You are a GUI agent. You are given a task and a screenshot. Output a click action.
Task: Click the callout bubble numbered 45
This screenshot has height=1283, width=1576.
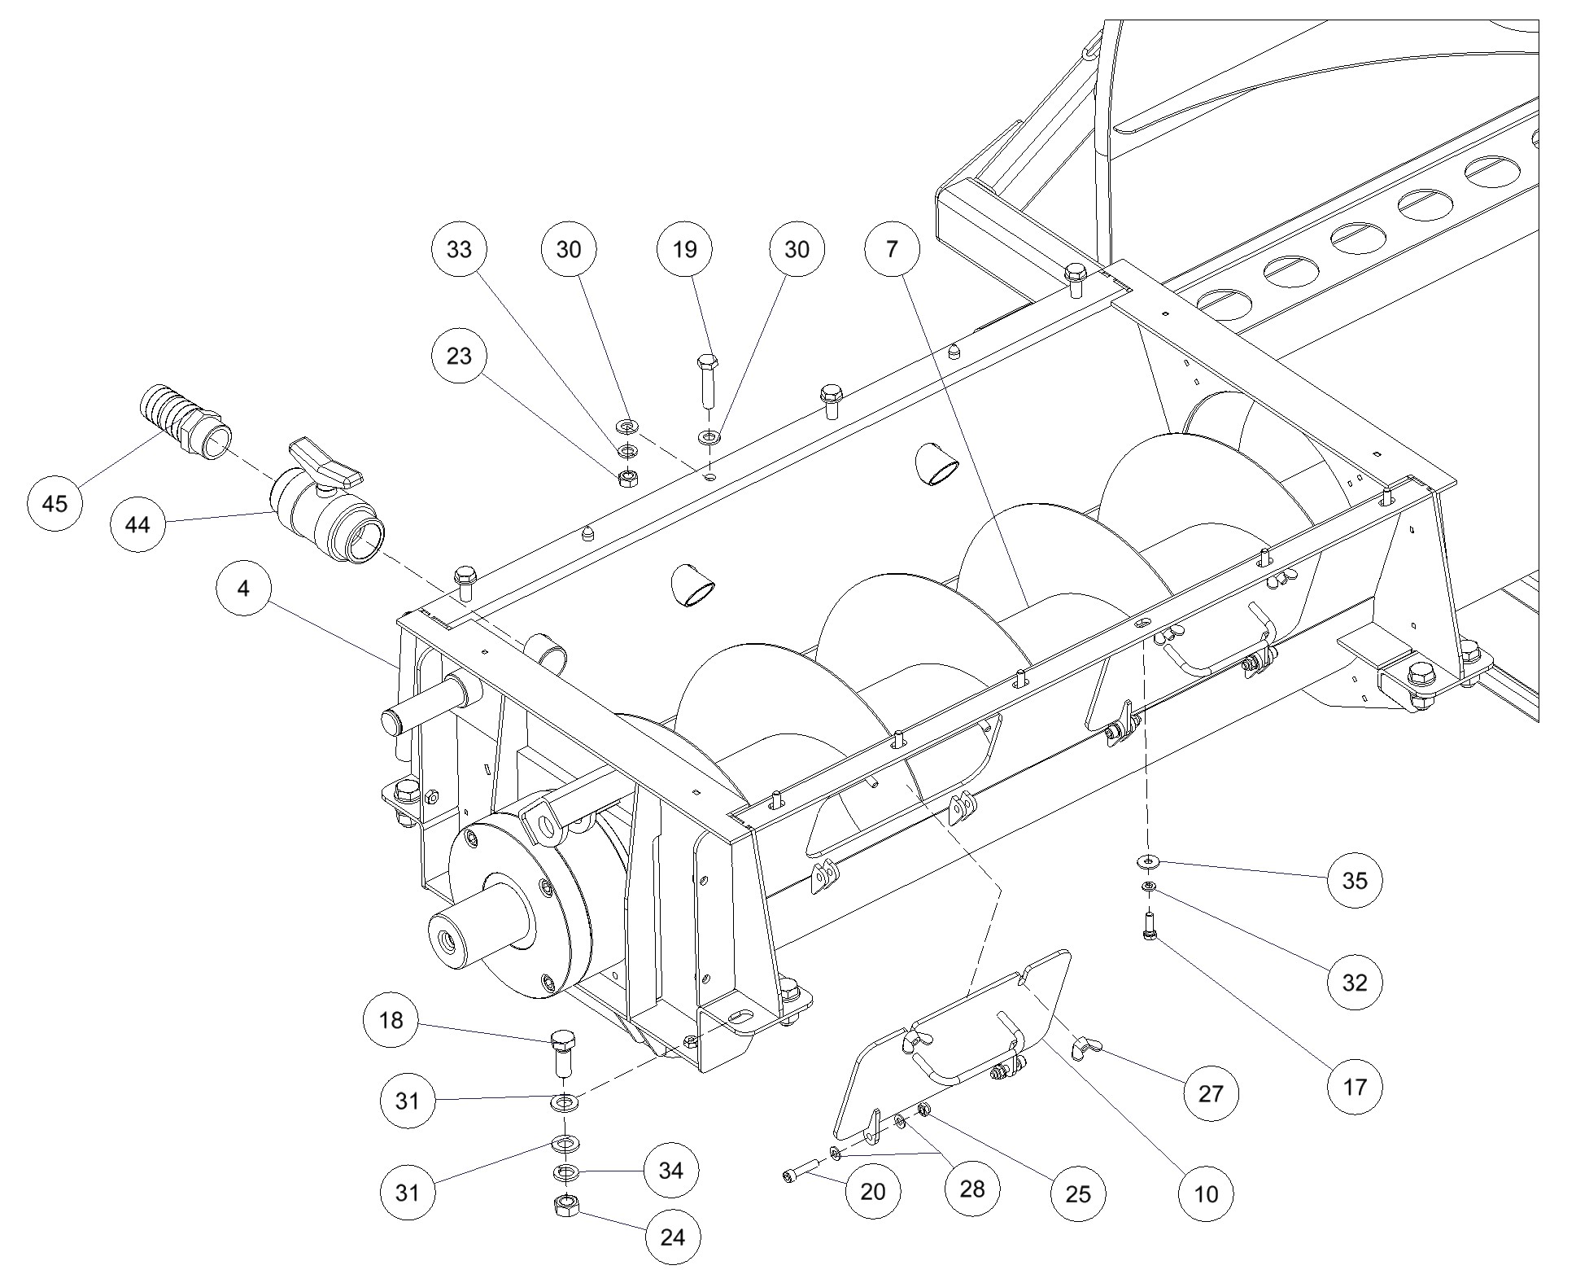pos(55,504)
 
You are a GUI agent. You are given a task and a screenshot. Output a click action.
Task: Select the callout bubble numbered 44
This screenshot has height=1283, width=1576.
pos(138,525)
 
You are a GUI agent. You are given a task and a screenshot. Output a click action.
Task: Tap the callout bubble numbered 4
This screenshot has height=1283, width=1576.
pos(244,588)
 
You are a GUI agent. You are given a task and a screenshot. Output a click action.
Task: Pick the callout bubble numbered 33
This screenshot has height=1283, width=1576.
pos(459,249)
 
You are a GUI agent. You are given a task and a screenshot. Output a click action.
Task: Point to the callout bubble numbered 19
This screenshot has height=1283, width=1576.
pos(685,249)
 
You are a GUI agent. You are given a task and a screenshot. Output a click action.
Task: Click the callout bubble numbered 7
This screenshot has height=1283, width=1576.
pos(893,249)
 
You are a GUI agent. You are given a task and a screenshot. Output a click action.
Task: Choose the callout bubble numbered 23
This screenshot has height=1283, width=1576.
pos(459,356)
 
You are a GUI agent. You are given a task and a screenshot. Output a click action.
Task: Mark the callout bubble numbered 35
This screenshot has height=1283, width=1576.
pos(1355,880)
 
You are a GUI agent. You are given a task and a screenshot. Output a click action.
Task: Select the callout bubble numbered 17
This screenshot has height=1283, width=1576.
pos(1355,1086)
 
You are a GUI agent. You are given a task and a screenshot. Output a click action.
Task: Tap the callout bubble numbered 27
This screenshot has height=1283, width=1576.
pos(1211,1093)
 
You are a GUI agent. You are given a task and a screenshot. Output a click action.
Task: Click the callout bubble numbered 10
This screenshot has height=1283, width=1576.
pos(1206,1194)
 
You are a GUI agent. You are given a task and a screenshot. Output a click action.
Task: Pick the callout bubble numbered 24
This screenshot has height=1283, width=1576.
pos(673,1237)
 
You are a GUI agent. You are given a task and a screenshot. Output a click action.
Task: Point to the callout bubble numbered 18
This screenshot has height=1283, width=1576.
pos(391,1020)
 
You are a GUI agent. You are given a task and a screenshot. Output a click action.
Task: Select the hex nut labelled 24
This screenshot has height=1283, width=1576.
pos(565,1206)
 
